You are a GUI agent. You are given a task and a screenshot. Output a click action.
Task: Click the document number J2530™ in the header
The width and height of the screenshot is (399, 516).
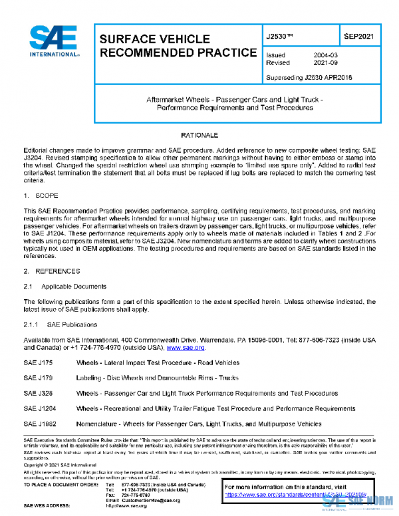281,37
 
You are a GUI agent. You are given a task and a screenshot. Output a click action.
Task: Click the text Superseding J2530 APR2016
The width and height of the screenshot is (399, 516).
309,77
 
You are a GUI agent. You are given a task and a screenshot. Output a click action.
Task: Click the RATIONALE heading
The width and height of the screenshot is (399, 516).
199,135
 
